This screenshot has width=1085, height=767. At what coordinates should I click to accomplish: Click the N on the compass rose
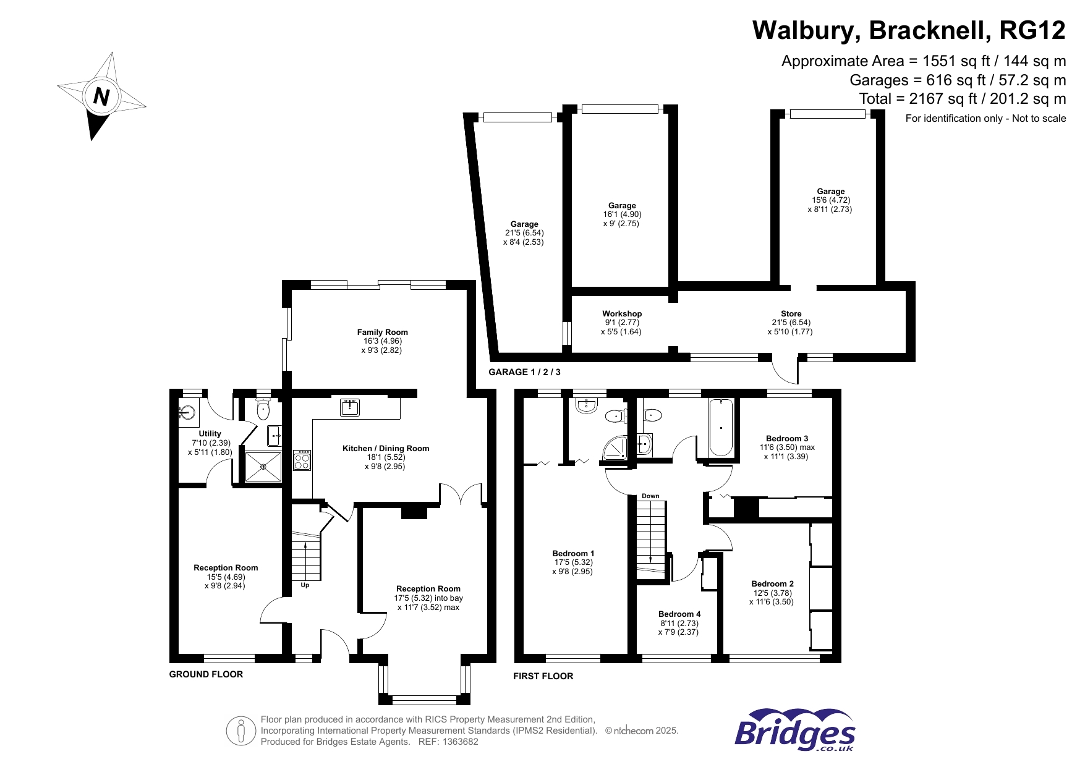[101, 97]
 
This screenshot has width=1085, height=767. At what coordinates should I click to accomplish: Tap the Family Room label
[382, 333]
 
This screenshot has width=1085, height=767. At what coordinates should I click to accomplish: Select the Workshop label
[622, 314]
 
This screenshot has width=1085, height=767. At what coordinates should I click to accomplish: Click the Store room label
[791, 314]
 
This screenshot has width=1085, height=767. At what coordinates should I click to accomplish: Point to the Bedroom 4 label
[679, 614]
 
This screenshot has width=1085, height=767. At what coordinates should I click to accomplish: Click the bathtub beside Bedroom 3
[721, 427]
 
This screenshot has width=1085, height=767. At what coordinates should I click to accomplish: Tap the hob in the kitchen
[302, 460]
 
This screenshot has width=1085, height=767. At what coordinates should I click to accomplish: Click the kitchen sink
[350, 407]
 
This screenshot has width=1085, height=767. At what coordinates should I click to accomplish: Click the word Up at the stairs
[305, 585]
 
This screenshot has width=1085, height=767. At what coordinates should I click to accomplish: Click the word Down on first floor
[650, 496]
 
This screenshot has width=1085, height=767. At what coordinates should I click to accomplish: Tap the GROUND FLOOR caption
[206, 674]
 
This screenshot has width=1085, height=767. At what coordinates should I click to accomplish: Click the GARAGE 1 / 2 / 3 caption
[524, 372]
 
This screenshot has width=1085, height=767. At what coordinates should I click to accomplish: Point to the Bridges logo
[795, 731]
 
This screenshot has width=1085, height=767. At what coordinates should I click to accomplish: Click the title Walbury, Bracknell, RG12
[909, 30]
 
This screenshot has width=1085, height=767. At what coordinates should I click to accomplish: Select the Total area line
[962, 99]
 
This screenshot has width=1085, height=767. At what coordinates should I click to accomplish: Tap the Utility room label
[210, 434]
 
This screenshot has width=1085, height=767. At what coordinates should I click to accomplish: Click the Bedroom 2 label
[772, 584]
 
